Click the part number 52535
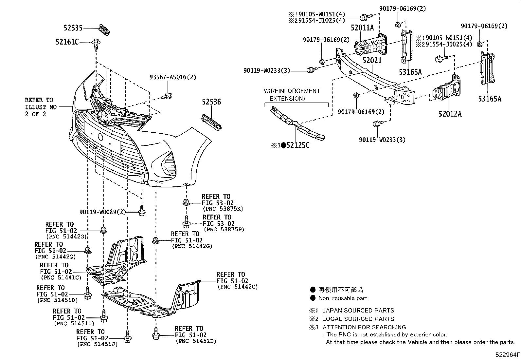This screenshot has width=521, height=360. click(x=73, y=28)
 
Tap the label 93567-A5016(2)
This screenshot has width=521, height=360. click(x=173, y=77)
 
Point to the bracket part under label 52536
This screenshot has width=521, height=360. click(x=211, y=122)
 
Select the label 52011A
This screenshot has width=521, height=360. click(x=362, y=28)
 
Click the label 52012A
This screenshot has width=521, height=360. click(x=450, y=114)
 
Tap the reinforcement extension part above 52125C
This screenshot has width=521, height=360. click(x=297, y=125)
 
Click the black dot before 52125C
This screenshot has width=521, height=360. click(x=284, y=145)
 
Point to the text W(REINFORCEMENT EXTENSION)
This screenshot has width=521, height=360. click(x=292, y=95)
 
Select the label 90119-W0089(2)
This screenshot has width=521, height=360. click(x=102, y=212)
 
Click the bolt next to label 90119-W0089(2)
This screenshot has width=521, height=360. click(x=142, y=211)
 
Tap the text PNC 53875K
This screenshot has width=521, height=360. click(x=223, y=209)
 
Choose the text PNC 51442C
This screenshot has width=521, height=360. click(x=238, y=287)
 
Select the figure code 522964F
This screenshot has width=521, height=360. click(x=507, y=354)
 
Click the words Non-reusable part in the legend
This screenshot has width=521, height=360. click(x=343, y=298)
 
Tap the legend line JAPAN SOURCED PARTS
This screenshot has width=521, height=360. click(x=358, y=310)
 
